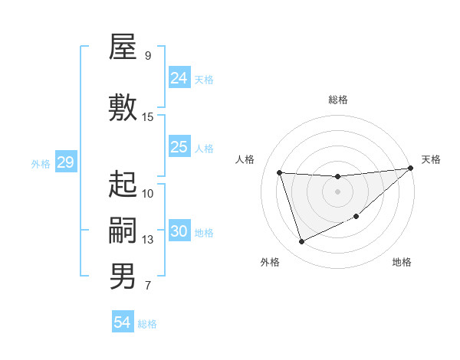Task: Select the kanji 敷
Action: click(x=123, y=107)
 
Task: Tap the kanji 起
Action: click(x=123, y=184)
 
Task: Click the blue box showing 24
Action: click(x=179, y=77)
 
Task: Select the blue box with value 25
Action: click(x=179, y=147)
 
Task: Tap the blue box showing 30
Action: click(x=179, y=231)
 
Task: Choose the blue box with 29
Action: click(x=65, y=162)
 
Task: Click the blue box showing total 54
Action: click(x=123, y=322)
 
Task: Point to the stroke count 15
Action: click(x=148, y=117)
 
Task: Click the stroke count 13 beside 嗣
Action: click(x=148, y=240)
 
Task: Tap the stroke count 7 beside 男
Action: click(x=148, y=286)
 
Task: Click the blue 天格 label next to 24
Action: click(x=204, y=79)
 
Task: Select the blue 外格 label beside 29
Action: click(x=41, y=163)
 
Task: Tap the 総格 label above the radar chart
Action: click(x=337, y=100)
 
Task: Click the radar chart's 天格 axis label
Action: click(x=431, y=159)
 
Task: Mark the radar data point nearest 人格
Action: click(x=280, y=172)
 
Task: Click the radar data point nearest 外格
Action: click(x=301, y=242)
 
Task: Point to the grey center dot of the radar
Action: click(x=337, y=191)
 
